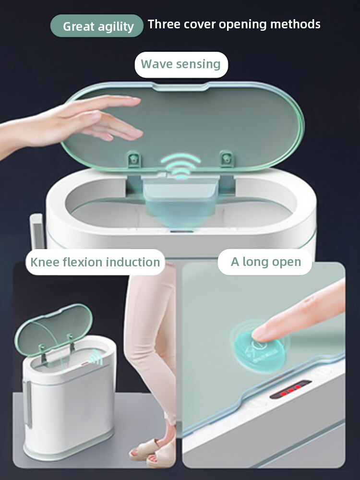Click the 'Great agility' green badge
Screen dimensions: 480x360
point(97,26)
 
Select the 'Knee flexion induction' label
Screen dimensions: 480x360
point(95,262)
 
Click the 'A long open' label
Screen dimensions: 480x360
point(266,262)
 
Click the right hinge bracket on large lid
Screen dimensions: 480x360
point(226,158)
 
